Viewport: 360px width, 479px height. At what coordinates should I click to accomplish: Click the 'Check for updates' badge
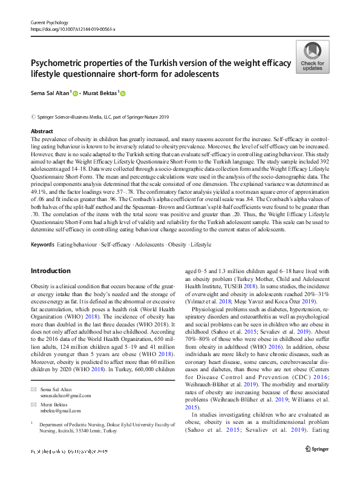pos(312,57)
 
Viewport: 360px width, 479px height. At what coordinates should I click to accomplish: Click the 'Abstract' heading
pos(42,131)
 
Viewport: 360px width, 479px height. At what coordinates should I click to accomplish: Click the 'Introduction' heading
pos(50,271)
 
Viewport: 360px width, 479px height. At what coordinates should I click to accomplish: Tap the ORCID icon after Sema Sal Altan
pos(76,93)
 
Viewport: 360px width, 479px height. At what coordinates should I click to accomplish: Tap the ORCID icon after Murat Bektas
pos(123,93)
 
